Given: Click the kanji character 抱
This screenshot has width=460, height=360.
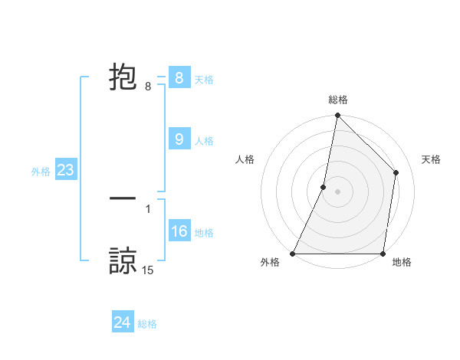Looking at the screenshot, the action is click(123, 77).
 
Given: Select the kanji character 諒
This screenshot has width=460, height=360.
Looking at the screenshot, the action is click(123, 260).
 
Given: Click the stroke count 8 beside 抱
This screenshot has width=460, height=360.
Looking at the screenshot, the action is click(148, 87).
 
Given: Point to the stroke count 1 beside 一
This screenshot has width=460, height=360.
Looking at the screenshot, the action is click(148, 208).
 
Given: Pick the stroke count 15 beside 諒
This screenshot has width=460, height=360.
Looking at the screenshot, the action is click(148, 270).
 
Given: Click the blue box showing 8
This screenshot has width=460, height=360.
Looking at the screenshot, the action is click(179, 77).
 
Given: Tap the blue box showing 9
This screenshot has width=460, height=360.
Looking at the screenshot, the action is click(179, 139).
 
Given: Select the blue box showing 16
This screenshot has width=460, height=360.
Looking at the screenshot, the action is click(179, 231).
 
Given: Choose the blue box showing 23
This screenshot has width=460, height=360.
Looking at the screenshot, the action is click(65, 170).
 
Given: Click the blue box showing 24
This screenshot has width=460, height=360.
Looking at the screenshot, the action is click(122, 322).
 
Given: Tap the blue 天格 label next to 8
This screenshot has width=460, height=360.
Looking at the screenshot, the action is click(204, 80).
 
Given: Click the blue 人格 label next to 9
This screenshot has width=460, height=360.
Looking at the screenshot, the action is click(204, 141).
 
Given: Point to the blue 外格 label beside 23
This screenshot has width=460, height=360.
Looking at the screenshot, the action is click(41, 172).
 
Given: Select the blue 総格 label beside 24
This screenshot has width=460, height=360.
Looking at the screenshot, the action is click(147, 325).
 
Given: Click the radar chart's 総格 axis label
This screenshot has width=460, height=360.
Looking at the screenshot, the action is click(338, 100).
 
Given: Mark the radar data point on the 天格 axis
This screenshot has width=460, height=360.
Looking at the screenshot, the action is click(396, 172).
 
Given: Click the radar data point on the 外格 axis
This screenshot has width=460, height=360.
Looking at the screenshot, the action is click(293, 254).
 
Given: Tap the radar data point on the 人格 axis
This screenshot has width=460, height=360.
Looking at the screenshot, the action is click(324, 187).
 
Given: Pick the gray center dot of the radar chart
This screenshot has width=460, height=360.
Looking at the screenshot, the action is click(338, 191).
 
